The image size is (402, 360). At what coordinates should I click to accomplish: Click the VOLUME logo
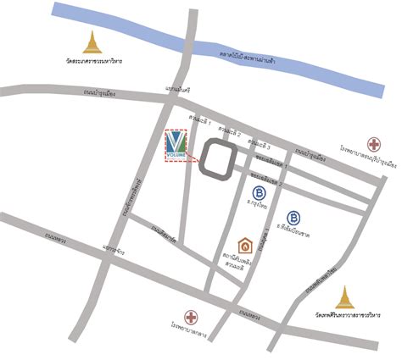176,146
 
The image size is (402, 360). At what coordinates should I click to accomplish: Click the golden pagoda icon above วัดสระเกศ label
92,42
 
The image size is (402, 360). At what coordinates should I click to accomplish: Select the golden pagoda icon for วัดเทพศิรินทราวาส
344,297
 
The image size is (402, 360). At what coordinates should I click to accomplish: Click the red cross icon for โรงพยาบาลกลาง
192,318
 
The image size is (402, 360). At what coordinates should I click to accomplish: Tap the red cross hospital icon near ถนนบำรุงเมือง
374,145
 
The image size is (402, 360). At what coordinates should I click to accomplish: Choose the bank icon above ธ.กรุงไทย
259,193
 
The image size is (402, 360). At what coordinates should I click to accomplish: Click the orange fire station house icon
245,246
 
